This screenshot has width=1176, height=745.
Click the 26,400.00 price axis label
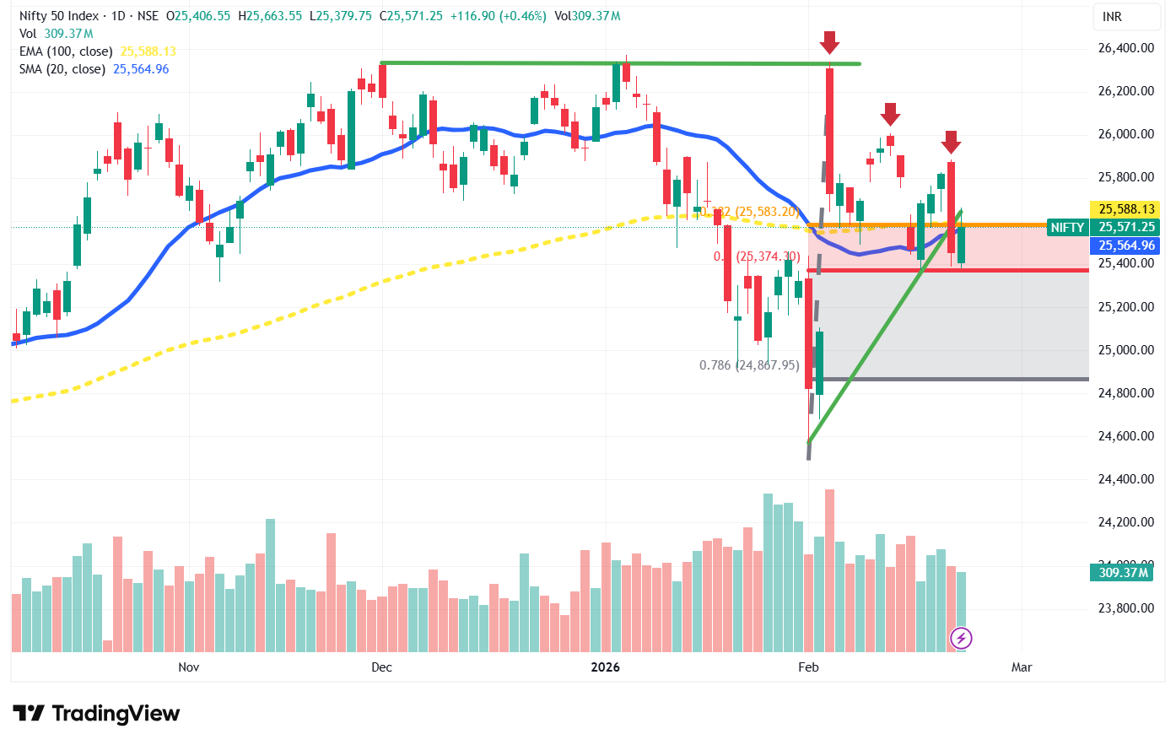click(1125, 48)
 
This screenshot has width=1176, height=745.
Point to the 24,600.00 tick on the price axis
click(1125, 436)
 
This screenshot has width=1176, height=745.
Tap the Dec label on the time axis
click(381, 667)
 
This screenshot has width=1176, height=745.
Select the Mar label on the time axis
click(1022, 667)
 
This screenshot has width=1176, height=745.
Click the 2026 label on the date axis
click(605, 667)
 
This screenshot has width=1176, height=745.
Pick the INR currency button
click(1112, 17)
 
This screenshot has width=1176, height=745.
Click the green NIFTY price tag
click(1067, 227)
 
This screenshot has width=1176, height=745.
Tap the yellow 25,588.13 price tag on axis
click(1126, 209)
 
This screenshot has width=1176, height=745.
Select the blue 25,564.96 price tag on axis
click(1126, 246)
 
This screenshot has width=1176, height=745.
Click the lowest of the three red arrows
click(951, 142)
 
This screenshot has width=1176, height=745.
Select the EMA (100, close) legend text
click(66, 51)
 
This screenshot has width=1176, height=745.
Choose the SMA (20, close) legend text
click(62, 69)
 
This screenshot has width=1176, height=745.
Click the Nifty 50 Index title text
click(58, 16)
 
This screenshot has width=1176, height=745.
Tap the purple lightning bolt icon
click(962, 638)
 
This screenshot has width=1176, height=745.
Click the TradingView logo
click(96, 714)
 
